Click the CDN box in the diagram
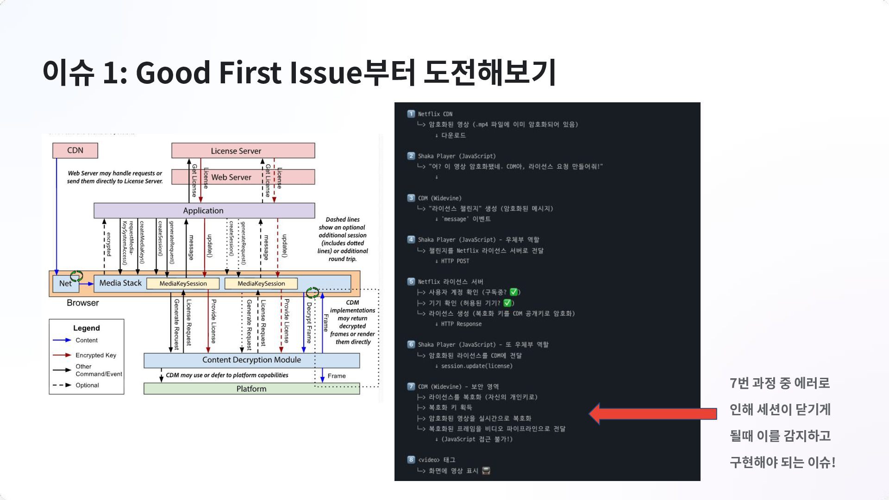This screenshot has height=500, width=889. (x=75, y=150)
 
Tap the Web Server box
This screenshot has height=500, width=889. (x=231, y=177)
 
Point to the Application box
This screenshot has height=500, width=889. (x=204, y=211)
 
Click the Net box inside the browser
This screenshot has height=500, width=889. (x=65, y=283)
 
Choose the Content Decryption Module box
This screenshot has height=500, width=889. (x=251, y=360)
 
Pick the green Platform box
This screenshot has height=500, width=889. (x=251, y=389)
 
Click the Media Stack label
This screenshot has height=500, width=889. (x=120, y=283)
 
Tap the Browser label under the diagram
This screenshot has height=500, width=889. (x=83, y=303)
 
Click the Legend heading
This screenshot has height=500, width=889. (x=87, y=328)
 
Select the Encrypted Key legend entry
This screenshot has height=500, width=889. (x=96, y=355)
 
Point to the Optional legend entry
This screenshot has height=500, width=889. (x=87, y=385)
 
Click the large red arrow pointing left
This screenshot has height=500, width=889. (x=653, y=413)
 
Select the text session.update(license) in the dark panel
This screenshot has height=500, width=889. (x=476, y=366)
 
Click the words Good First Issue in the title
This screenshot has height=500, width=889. (x=248, y=73)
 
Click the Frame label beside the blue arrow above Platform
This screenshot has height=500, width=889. (x=337, y=376)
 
